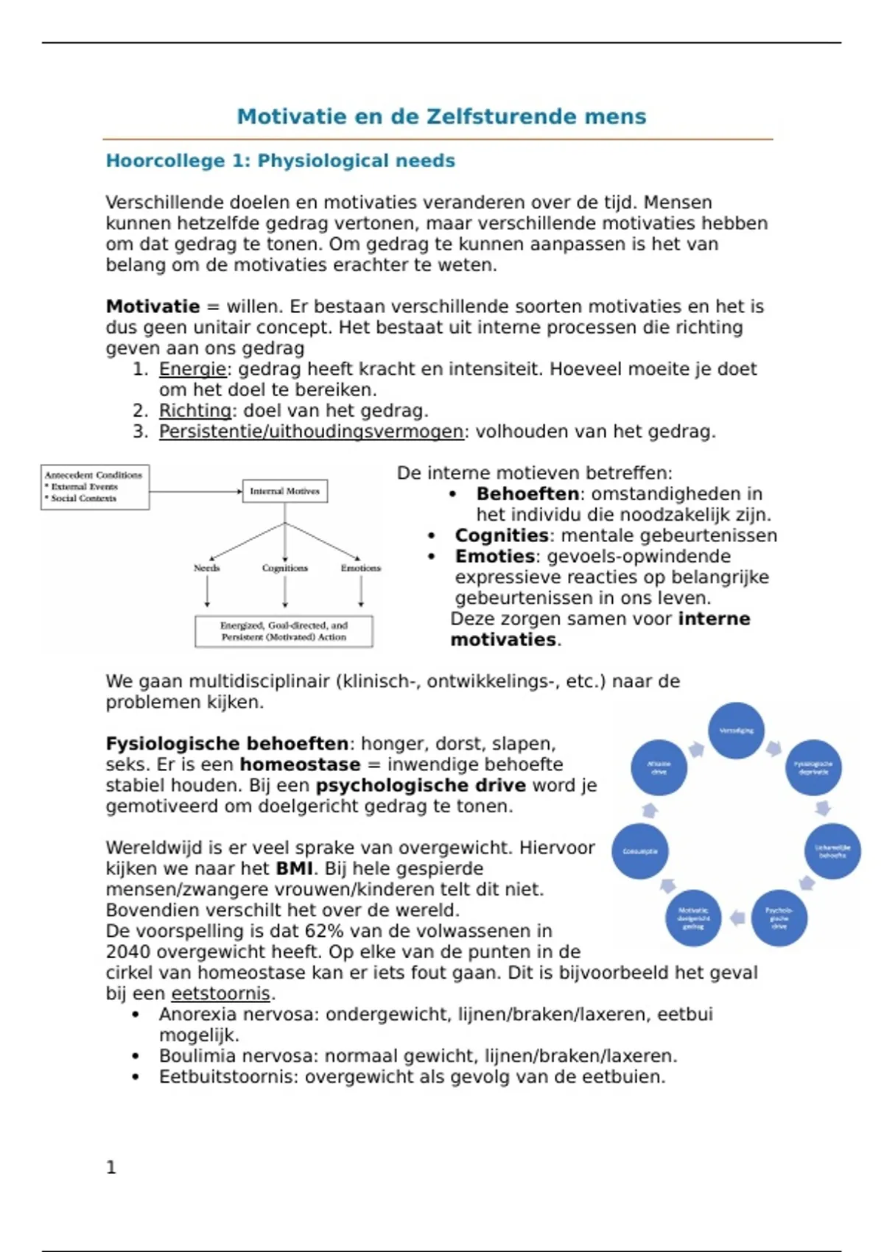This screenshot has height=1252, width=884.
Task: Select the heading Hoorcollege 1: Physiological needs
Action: pos(280,161)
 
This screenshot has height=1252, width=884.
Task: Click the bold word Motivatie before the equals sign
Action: pos(152,306)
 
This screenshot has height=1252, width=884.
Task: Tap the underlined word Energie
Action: pos(192,369)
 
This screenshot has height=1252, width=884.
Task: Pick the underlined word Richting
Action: pos(195,410)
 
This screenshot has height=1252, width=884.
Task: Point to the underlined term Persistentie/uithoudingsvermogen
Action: pos(312,432)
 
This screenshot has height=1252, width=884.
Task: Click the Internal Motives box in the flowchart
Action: pos(284,491)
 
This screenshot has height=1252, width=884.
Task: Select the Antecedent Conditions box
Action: pos(94,487)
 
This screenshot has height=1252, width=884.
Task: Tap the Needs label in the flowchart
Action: pos(207,568)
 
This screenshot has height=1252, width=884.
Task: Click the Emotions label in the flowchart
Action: pos(360,568)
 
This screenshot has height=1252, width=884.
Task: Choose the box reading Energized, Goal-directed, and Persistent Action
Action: pos(284,631)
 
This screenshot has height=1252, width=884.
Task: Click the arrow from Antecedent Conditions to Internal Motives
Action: pos(195,491)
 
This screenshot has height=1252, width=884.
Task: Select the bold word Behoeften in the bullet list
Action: pos(527,494)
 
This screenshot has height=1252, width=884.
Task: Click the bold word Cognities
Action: pos(502,535)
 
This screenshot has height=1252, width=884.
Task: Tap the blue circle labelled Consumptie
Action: pos(640,851)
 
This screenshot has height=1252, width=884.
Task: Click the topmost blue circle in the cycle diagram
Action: pos(736,731)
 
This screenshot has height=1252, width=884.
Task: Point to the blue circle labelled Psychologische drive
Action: pos(779,918)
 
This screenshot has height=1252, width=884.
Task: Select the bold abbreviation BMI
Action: pos(294,868)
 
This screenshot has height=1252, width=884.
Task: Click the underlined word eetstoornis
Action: pos(221,993)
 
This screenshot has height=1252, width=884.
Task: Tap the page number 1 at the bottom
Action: pos(111,1167)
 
